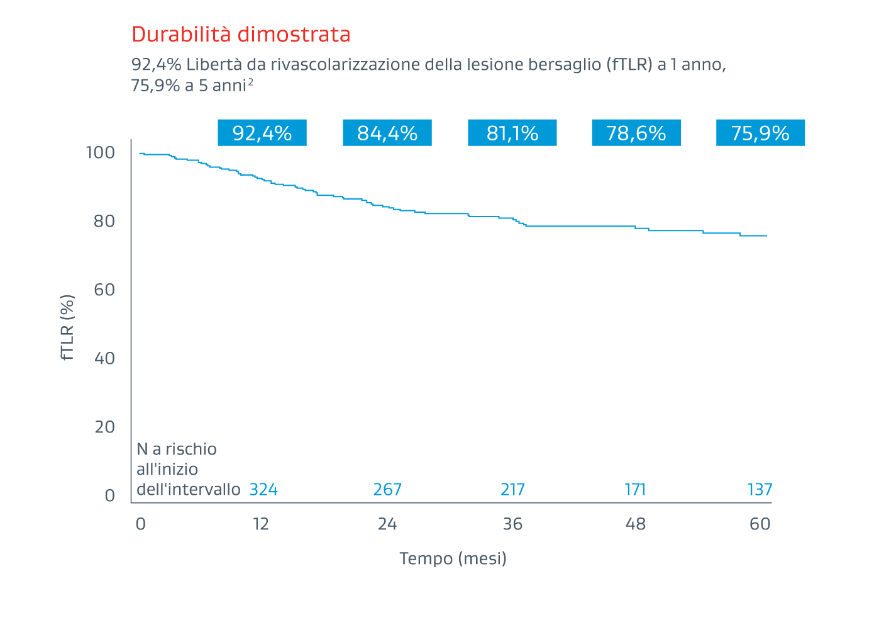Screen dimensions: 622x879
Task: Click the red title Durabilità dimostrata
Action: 241,35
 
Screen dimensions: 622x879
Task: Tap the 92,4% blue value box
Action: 262,133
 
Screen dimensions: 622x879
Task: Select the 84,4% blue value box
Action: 387,133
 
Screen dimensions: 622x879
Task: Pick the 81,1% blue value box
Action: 512,133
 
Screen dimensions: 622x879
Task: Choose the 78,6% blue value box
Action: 636,133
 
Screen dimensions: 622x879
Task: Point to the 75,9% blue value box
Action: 760,133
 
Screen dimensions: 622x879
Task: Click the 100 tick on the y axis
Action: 101,153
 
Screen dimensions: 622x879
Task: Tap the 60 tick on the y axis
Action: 104,290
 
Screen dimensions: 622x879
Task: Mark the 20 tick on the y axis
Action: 104,427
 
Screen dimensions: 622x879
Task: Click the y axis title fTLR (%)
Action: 68,327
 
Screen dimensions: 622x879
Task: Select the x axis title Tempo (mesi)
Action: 453,558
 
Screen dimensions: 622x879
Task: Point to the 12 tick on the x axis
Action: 261,524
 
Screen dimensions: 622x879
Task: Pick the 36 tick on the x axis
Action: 512,524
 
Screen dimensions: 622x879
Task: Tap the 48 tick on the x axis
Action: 636,524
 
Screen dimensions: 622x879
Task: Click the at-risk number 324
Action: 263,490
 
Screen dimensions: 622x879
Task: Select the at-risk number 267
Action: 387,490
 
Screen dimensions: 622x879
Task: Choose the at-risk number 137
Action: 760,490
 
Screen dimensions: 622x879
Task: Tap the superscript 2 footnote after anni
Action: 251,82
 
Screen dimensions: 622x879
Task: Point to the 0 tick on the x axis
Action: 140,524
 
